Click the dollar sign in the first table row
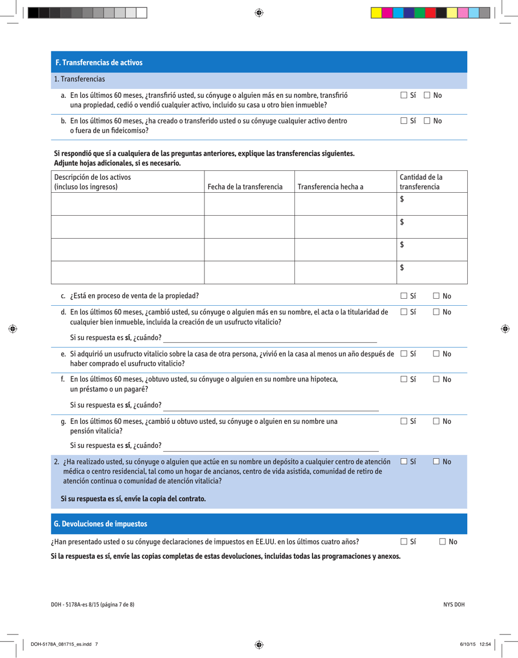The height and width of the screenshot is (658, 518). [402, 200]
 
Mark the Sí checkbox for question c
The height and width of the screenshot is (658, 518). [404, 296]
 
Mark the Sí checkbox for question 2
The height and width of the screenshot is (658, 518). [404, 462]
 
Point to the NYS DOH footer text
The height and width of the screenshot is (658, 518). [453, 604]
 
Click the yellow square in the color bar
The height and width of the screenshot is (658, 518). [376, 13]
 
